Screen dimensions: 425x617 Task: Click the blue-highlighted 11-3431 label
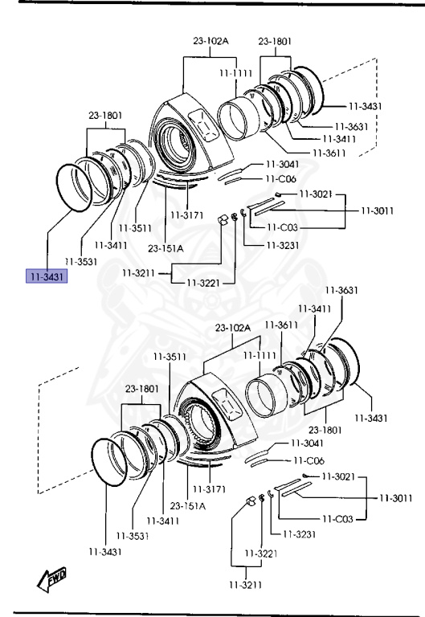click(47, 276)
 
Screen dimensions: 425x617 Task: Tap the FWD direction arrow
click(51, 579)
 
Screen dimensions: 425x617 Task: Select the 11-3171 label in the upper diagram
click(187, 215)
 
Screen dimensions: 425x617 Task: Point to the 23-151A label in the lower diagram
click(188, 505)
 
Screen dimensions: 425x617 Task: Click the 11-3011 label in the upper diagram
click(378, 210)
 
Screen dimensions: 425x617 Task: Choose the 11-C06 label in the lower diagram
click(309, 460)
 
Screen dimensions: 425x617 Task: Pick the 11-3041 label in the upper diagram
click(283, 164)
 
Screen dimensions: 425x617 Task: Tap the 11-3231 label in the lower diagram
click(300, 534)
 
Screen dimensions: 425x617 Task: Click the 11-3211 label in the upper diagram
click(138, 272)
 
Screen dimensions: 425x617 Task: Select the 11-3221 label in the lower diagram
click(261, 554)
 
